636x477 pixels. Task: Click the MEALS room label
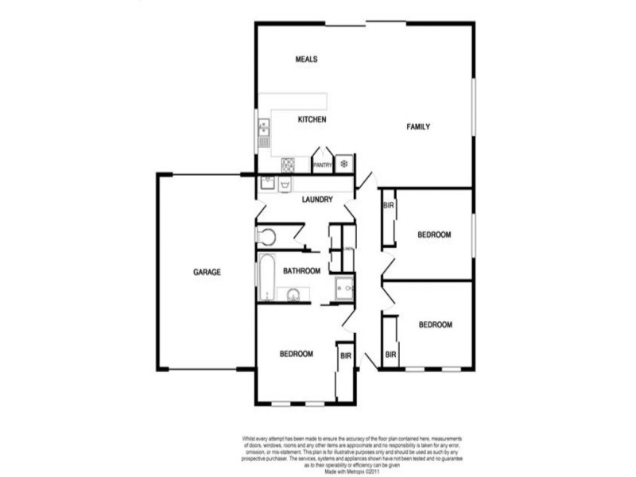point(307,60)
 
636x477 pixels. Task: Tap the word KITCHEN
point(312,120)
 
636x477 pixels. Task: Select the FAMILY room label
point(419,127)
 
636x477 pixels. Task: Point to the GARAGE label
point(207,272)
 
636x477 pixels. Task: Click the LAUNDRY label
point(316,200)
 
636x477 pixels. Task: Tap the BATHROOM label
point(302,271)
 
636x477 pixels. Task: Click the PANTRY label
point(322,165)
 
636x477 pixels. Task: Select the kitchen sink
point(264,132)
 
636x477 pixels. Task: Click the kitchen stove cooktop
point(288,165)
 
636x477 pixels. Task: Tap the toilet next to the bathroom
point(266,236)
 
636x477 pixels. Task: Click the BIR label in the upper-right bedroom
point(389,206)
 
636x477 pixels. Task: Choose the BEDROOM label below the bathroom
point(296,354)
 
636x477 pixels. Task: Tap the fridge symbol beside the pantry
point(344,164)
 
